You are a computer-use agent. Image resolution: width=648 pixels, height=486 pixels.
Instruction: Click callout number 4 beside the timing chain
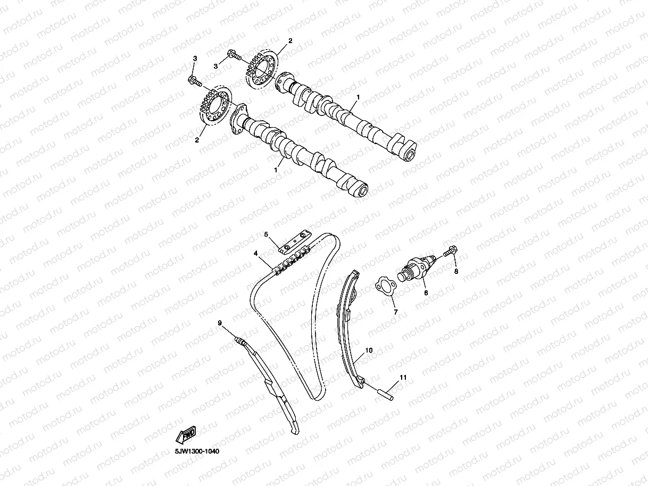tap(255, 254)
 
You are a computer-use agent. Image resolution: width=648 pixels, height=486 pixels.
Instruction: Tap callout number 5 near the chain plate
tap(267, 234)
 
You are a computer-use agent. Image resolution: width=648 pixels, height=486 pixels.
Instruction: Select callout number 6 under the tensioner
tap(425, 292)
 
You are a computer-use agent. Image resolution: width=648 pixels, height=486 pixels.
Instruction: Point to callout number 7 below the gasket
tap(395, 312)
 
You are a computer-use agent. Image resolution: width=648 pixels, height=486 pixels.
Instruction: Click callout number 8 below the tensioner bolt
tap(455, 271)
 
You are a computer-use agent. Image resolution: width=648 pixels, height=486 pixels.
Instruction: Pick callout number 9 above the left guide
tap(219, 323)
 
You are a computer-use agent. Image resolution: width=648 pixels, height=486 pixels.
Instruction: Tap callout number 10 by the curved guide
tap(369, 351)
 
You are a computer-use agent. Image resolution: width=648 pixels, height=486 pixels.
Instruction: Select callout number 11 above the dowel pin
tap(403, 377)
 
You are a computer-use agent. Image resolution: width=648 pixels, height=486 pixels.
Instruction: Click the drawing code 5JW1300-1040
tap(197, 451)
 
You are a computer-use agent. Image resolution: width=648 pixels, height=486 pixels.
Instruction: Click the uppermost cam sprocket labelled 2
tap(262, 69)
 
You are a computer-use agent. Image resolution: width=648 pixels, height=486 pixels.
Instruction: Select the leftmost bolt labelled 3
tap(194, 81)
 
